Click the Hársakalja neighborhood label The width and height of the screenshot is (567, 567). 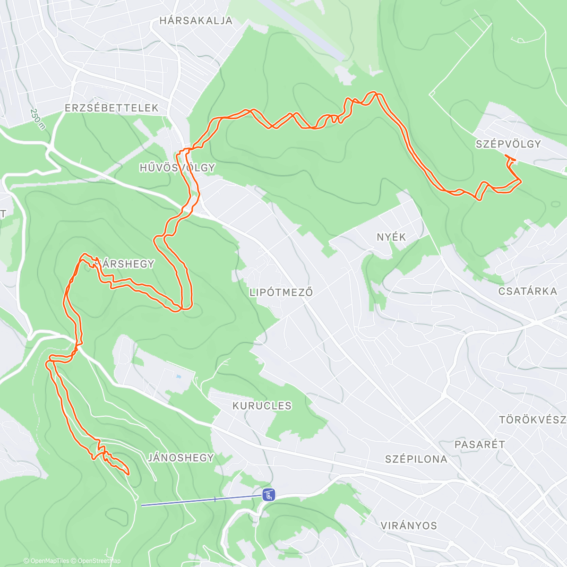pos(196,21)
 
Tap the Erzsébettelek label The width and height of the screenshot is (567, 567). pos(112,108)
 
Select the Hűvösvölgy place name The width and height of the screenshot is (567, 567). pos(177,168)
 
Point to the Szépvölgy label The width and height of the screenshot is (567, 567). pos(508,144)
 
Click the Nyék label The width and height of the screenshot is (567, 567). pos(391,237)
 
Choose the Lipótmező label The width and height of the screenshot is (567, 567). pos(281,292)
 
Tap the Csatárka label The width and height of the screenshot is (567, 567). pos(528,291)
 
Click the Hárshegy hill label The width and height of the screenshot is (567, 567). pos(124,264)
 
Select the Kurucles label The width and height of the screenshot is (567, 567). pos(262,406)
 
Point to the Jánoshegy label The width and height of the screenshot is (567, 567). pos(181,457)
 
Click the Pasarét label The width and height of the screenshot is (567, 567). pos(480,445)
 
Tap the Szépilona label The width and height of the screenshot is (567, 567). pos(416,459)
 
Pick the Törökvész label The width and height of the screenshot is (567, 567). pos(533,420)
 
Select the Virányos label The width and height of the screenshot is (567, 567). pos(409,525)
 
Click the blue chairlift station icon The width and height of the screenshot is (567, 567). pos(269,495)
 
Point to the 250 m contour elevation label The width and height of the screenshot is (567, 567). pos(37,119)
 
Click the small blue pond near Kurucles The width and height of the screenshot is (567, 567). pos(178,377)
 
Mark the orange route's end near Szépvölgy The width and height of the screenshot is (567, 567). pos(506,155)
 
